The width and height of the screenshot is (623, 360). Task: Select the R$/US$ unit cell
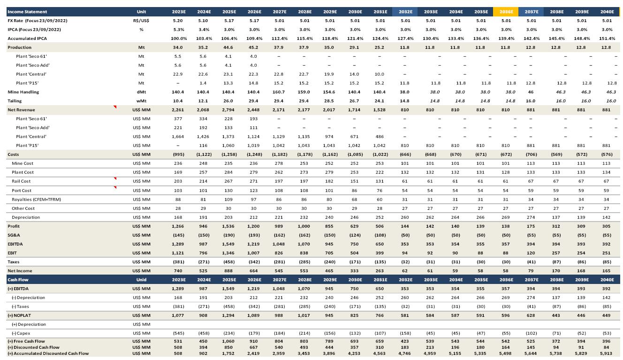(141, 21)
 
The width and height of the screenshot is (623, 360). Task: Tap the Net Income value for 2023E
(178, 271)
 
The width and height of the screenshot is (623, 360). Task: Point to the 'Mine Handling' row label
(23, 92)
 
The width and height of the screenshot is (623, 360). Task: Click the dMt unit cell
(141, 92)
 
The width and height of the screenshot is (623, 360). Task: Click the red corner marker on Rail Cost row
(115, 179)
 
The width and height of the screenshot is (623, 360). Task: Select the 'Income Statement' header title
(27, 12)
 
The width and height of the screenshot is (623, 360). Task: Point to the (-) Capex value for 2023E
(178, 333)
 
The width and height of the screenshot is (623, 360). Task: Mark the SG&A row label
(14, 235)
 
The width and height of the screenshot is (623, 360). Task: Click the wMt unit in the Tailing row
(141, 101)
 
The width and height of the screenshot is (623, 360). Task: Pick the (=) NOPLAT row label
(20, 315)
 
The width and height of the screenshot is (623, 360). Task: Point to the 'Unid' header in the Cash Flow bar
(141, 280)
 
